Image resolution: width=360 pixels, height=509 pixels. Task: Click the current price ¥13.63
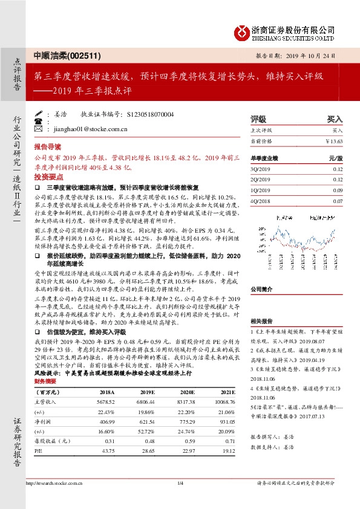tap(334, 141)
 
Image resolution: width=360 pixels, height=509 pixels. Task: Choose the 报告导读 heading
tap(48, 147)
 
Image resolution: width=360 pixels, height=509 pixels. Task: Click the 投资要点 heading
tap(48, 177)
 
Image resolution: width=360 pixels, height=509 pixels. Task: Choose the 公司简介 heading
tap(262, 289)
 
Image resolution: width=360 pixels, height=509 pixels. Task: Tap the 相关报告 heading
tap(262, 322)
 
